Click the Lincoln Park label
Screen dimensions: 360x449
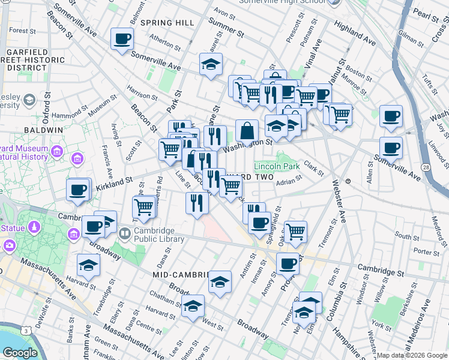(277, 166)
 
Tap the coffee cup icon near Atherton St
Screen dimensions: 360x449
(122, 39)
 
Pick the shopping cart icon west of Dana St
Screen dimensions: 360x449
(144, 207)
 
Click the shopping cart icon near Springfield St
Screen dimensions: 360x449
(295, 231)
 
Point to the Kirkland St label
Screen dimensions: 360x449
(113, 181)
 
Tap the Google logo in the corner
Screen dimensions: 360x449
(19, 353)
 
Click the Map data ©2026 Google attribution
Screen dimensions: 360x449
(412, 356)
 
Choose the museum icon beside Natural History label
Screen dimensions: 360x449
(77, 159)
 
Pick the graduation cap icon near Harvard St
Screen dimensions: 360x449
(88, 265)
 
